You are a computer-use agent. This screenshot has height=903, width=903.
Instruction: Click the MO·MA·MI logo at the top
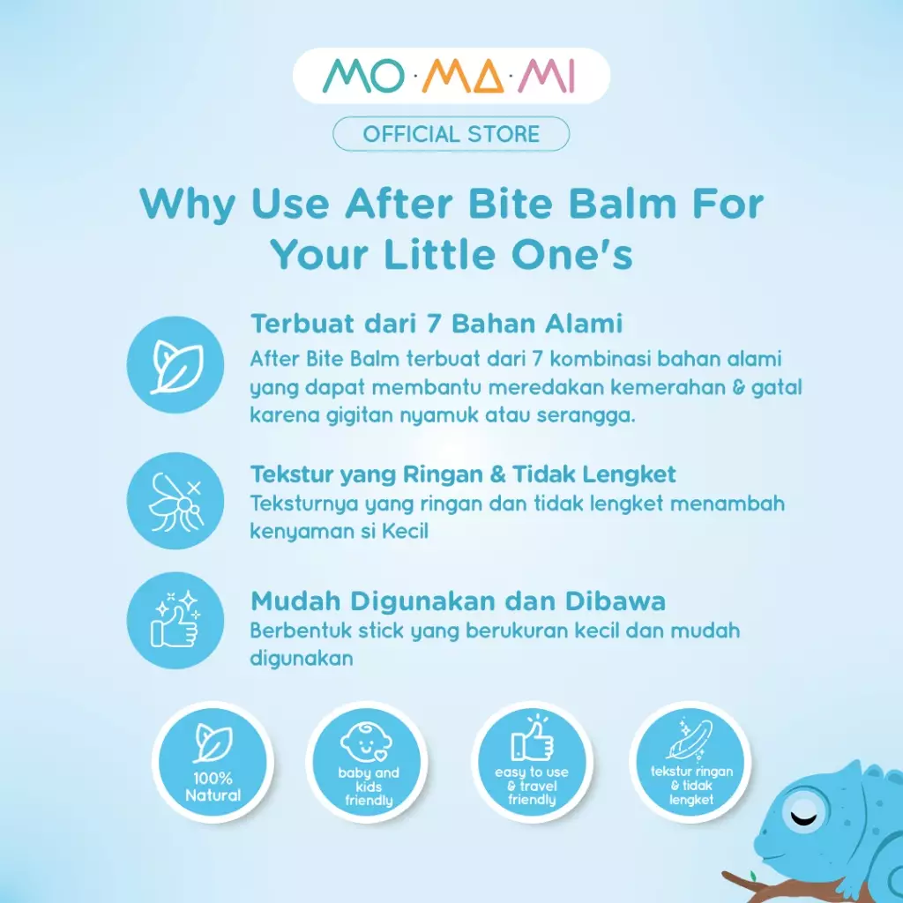click(x=451, y=77)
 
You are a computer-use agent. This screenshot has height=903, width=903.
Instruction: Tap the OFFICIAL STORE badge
click(x=451, y=134)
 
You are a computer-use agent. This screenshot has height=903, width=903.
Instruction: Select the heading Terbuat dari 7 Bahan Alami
click(x=437, y=324)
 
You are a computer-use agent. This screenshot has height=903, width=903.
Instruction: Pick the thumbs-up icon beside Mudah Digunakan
click(x=175, y=622)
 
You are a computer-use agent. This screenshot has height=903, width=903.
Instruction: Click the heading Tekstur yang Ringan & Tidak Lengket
click(x=463, y=474)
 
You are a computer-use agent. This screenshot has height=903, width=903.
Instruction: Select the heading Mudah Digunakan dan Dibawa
click(x=458, y=601)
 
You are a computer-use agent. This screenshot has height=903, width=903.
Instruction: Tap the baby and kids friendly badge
click(x=368, y=763)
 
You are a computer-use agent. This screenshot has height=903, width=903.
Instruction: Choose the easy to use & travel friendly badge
click(x=532, y=763)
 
